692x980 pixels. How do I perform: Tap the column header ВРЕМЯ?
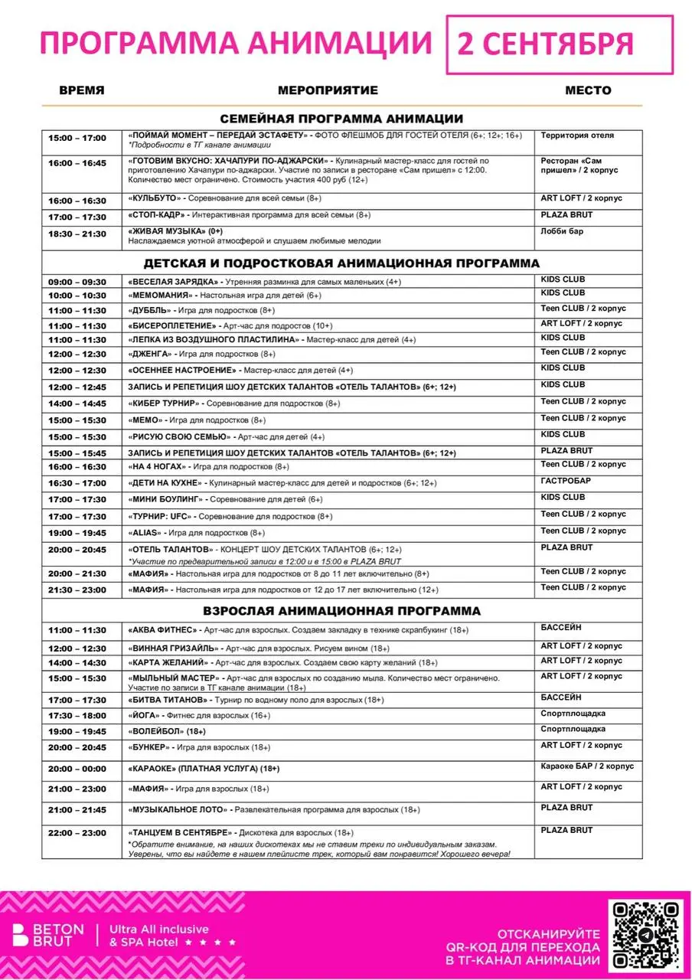(82, 90)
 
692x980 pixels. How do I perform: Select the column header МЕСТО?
(588, 90)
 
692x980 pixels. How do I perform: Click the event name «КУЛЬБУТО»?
(153, 199)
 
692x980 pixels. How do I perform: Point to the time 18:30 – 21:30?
(77, 234)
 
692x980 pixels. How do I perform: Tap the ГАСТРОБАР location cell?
(565, 481)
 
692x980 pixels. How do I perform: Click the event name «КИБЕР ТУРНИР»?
(164, 403)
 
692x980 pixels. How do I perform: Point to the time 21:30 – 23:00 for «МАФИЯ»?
(77, 590)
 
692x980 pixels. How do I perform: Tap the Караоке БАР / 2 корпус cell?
(587, 766)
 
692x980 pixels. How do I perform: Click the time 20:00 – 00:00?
(77, 768)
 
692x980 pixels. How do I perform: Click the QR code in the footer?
(644, 936)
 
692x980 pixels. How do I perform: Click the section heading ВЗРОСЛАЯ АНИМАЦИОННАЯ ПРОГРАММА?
(341, 611)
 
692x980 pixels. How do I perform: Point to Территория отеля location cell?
(577, 136)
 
